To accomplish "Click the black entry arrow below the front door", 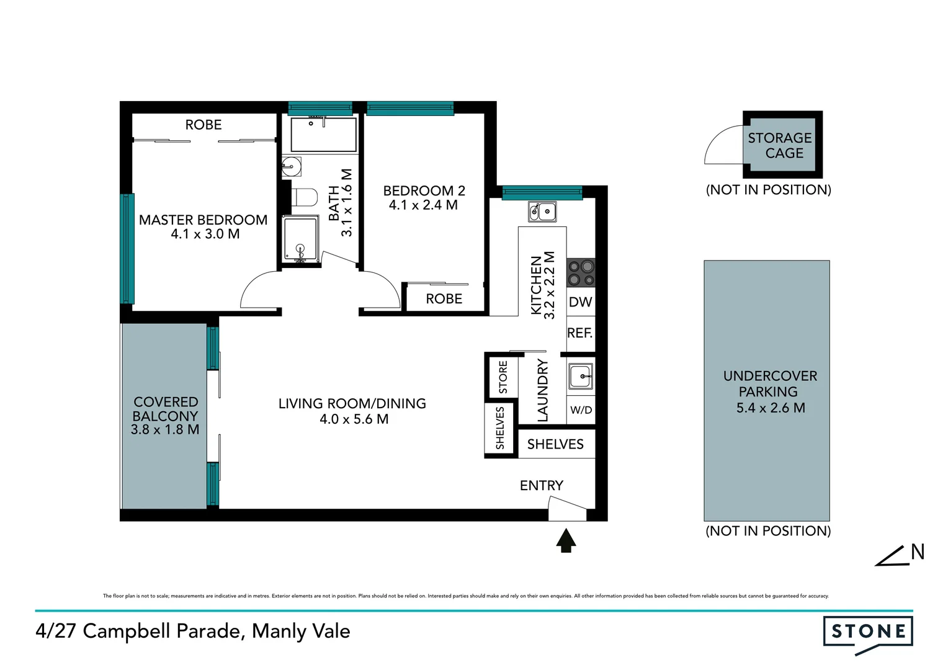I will click(566, 540).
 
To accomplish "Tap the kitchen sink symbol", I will click(542, 212).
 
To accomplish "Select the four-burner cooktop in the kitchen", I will click(581, 273).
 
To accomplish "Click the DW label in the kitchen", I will click(581, 302).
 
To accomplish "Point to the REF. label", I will click(580, 333).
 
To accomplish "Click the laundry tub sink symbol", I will click(581, 376).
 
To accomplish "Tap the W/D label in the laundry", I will click(581, 410).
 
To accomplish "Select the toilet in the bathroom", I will click(303, 198).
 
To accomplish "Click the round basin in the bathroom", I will click(290, 166).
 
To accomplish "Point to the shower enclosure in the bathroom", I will click(300, 239).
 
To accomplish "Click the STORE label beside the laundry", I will click(503, 377).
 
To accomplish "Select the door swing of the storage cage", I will click(723, 146).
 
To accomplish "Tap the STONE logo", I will click(868, 632).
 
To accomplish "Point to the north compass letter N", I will click(918, 552).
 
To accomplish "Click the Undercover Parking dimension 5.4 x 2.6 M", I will click(770, 408).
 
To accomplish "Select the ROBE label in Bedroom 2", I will click(444, 299).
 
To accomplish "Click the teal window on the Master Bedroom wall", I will click(127, 248).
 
